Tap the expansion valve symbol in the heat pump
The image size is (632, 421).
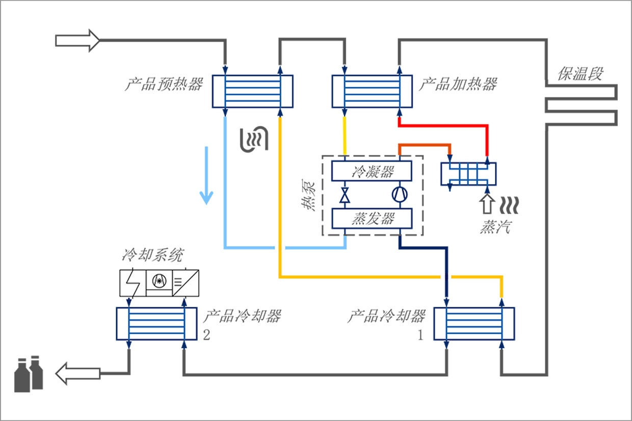[x=345, y=195]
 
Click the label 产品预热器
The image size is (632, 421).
[x=164, y=84]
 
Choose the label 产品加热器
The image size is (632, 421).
[x=458, y=84]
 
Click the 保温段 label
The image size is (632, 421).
[x=580, y=74]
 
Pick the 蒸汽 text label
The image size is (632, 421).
[x=495, y=227]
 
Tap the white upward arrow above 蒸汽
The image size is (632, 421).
[x=487, y=203]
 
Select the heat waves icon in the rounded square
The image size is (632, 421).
[x=254, y=137]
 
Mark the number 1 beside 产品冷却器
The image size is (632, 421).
[x=420, y=336]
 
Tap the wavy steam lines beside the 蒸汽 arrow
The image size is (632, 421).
[x=509, y=204]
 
